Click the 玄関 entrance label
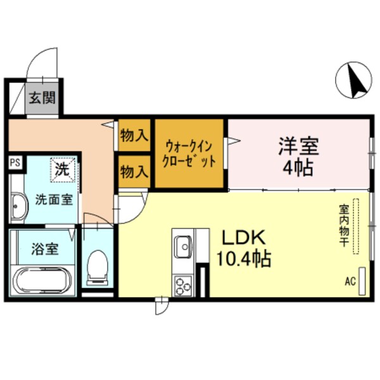[42, 98]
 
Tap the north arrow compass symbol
[355, 81]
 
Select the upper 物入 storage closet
[134, 134]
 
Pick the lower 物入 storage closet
[134, 171]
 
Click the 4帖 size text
[299, 170]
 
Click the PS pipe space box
[13, 162]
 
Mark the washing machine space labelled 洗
[63, 170]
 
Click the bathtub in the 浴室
[42, 279]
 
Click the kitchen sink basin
[184, 243]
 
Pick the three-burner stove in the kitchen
[184, 284]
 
